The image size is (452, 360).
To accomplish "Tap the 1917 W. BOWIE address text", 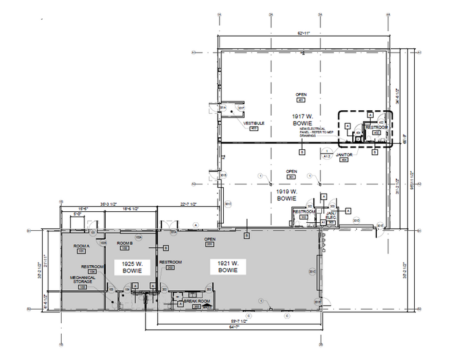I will point(303,119).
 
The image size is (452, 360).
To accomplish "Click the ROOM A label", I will point(81,246).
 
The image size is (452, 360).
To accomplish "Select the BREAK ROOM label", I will point(197,302).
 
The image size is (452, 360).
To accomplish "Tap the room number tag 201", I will point(210,244).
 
